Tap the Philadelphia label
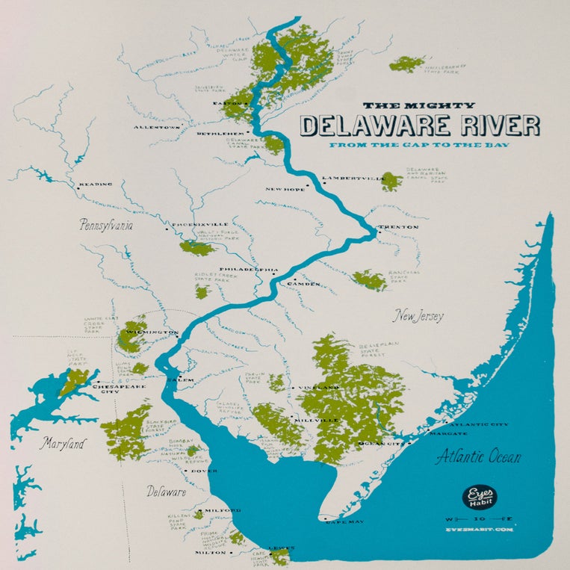point(249,268)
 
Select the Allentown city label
point(158,128)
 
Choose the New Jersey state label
point(419,316)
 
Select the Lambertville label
point(350,179)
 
